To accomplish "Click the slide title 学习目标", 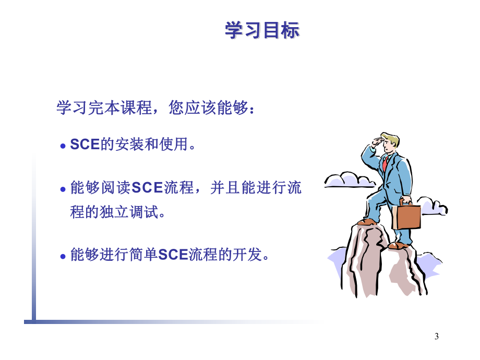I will tap(262, 31).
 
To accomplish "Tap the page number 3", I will tap(437, 336).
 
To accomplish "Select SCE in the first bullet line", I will tap(85, 145).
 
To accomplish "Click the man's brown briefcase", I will tap(406, 217).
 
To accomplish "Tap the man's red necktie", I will tap(385, 164).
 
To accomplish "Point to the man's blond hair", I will tap(390, 139).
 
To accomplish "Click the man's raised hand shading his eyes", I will tap(375, 141).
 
